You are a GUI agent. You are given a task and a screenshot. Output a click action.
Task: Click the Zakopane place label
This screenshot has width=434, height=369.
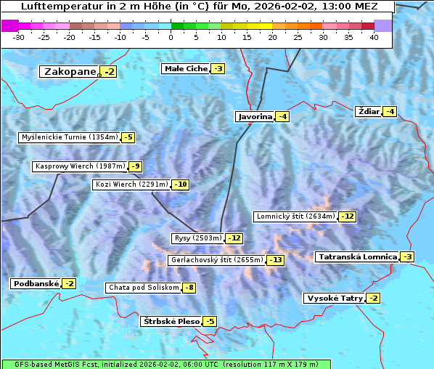tap(70, 72)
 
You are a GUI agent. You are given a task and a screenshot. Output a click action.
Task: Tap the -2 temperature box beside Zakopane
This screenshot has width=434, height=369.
tap(109, 72)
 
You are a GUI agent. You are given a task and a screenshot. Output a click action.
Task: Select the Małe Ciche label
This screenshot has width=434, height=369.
tap(186, 69)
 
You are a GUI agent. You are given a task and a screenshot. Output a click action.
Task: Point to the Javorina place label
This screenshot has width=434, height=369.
tap(255, 117)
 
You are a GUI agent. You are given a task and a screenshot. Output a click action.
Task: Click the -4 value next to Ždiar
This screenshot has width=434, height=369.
tap(390, 112)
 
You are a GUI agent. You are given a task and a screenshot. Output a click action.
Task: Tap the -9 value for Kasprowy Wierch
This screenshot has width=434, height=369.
tap(135, 167)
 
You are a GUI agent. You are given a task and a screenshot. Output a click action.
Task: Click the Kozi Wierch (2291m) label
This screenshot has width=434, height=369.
tap(131, 184)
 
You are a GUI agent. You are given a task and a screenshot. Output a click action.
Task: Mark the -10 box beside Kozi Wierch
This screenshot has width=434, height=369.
tap(181, 184)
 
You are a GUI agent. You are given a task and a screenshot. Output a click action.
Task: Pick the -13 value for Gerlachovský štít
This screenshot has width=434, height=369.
tap(276, 260)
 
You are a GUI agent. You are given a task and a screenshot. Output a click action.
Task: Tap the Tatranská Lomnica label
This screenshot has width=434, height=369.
tap(357, 257)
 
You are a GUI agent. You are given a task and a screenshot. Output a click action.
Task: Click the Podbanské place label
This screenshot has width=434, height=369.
tap(35, 284)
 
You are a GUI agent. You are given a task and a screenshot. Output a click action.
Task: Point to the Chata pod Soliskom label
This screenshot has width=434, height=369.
tap(142, 288)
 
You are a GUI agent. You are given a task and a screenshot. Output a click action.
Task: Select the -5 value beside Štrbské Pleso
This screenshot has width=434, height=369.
tap(210, 321)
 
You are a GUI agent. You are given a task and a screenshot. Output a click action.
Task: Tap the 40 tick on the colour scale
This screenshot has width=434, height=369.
tap(374, 37)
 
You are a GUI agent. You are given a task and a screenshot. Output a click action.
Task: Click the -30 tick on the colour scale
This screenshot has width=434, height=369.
tap(19, 37)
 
